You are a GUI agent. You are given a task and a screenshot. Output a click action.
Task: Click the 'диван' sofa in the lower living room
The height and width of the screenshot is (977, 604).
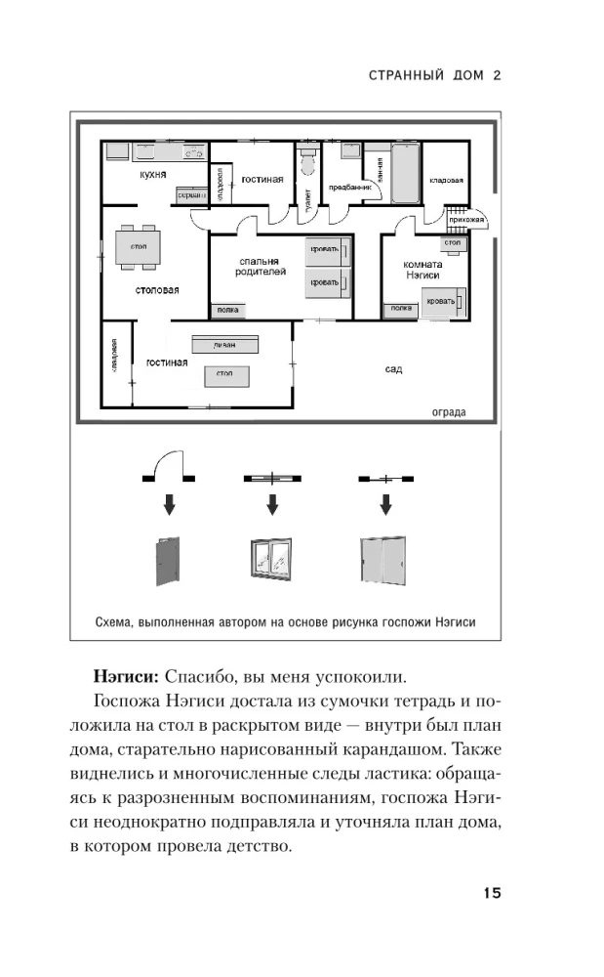pos(225,344)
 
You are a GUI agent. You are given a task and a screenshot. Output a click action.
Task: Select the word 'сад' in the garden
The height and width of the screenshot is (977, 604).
pos(393,369)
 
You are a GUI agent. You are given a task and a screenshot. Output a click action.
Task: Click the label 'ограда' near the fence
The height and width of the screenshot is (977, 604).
pos(449,411)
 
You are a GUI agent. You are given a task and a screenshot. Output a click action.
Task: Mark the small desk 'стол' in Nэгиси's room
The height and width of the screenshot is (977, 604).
pos(453,241)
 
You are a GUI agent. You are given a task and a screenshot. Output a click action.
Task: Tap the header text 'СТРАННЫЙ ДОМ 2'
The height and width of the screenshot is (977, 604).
pos(430,74)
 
